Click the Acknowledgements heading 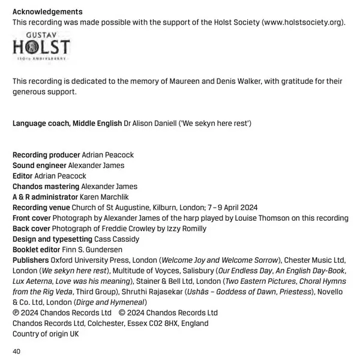tap(47, 12)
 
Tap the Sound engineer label tap(40, 165)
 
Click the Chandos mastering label tap(45, 186)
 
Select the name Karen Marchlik tap(105, 197)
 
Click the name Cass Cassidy tap(118, 239)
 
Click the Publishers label tap(31, 260)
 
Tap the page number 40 tap(17, 351)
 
